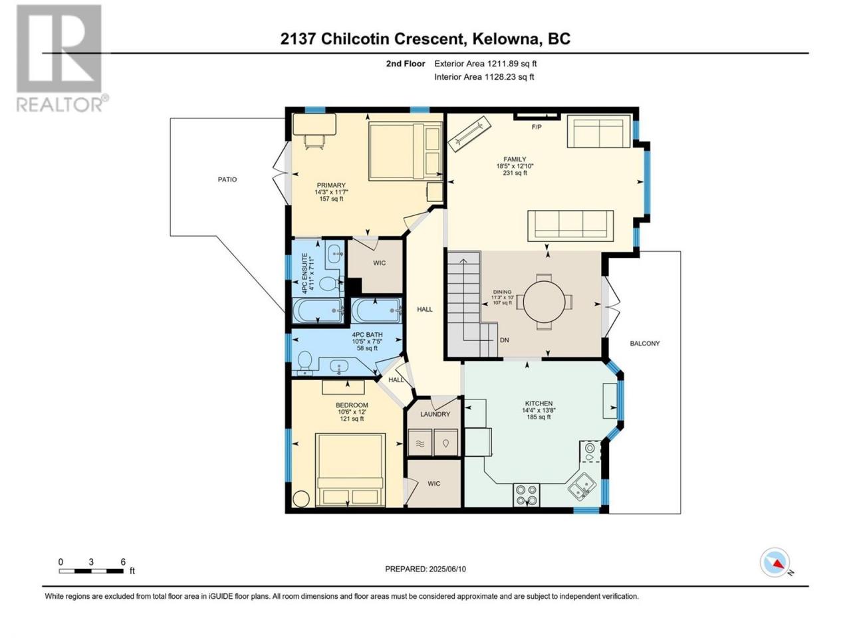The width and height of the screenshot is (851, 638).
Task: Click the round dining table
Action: [x=544, y=302]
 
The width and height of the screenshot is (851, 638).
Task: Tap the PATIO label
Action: [x=227, y=179]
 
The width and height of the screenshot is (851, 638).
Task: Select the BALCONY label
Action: [x=645, y=343]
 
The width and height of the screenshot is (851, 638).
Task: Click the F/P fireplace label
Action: [x=537, y=127]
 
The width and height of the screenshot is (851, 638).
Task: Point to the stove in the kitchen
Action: [x=527, y=495]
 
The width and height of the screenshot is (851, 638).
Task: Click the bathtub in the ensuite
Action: [x=318, y=310]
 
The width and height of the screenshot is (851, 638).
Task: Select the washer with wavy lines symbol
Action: [x=420, y=443]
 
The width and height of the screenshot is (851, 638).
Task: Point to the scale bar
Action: [x=91, y=572]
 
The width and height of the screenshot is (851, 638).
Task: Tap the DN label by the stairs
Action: [x=505, y=340]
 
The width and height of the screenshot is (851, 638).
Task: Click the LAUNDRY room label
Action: [x=435, y=414]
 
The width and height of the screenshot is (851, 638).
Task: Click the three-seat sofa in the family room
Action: [x=570, y=225]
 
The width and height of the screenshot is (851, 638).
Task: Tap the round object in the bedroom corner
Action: [x=301, y=498]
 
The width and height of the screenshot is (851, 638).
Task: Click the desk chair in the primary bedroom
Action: [x=314, y=142]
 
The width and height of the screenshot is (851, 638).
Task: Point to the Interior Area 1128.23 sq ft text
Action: [x=484, y=76]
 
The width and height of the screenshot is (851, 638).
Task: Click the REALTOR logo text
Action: [x=59, y=104]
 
